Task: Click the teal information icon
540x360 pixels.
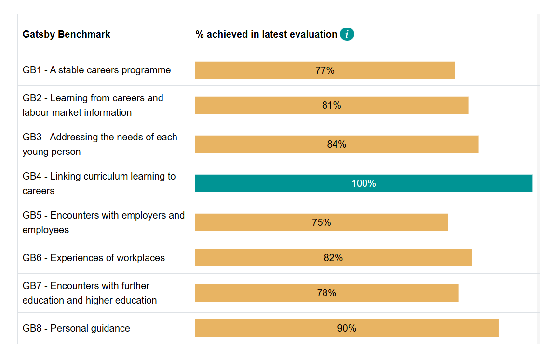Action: [347, 34]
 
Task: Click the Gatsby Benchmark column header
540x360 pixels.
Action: [67, 34]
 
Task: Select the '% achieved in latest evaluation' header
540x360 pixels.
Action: [266, 34]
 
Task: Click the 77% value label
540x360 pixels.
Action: [325, 70]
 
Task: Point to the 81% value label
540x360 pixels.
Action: [332, 105]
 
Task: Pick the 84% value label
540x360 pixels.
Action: [337, 144]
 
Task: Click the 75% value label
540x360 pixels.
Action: [322, 222]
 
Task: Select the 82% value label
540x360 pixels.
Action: [333, 258]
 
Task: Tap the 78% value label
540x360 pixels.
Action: [326, 293]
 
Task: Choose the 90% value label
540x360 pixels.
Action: [347, 328]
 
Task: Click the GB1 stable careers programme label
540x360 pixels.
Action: [96, 70]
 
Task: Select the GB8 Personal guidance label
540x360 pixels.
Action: [76, 328]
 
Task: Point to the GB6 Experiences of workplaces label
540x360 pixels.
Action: [94, 258]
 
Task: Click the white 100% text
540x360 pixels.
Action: [364, 183]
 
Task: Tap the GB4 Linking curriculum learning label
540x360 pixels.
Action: [99, 183]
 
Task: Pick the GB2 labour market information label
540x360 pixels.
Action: [93, 105]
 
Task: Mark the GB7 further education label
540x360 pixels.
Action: [90, 293]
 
